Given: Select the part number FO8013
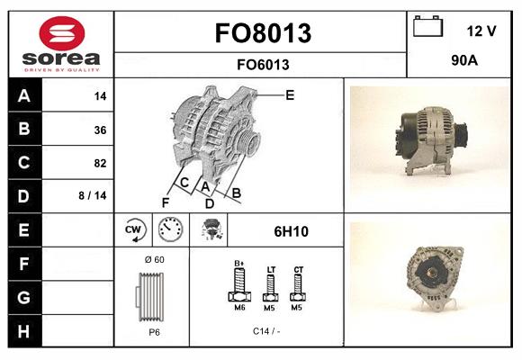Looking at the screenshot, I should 262,33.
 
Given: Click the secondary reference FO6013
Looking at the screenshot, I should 262,64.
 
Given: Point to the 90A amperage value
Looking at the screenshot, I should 463,60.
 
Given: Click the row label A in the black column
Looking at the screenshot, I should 23,96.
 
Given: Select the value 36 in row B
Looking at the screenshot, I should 100,130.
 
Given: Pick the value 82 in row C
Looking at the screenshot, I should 100,164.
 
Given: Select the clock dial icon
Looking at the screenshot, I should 171,230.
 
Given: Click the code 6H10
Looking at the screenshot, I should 291,231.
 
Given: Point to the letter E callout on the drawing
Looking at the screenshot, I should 290,94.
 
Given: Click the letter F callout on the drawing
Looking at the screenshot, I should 166,202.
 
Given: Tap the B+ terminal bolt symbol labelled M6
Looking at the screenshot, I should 239,285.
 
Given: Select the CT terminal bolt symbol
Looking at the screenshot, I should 298,285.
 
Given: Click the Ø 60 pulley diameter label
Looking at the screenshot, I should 154,260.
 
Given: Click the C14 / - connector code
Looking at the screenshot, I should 267,330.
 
